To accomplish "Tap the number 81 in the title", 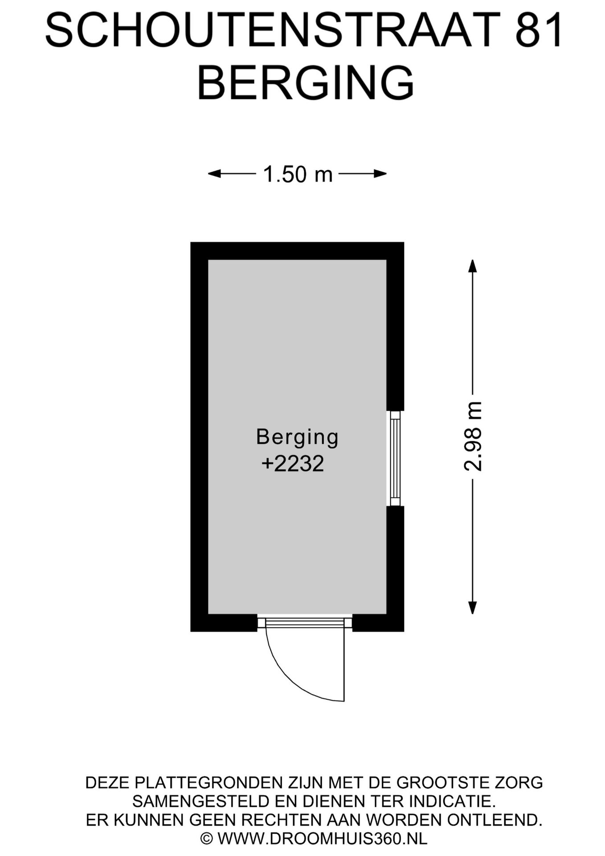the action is (539, 30).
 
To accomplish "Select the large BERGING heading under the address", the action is (306, 83).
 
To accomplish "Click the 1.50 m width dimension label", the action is (298, 174).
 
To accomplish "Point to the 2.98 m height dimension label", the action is (473, 436).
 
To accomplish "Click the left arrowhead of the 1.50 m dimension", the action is (214, 174).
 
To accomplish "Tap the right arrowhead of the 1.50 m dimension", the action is (380, 174).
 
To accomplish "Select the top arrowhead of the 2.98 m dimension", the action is (473, 266).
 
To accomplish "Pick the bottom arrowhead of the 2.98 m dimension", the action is (473, 608).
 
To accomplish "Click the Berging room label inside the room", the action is (298, 437).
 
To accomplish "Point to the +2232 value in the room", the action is (293, 464).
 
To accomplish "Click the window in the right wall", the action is (395, 458).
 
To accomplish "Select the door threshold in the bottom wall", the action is (305, 622).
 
